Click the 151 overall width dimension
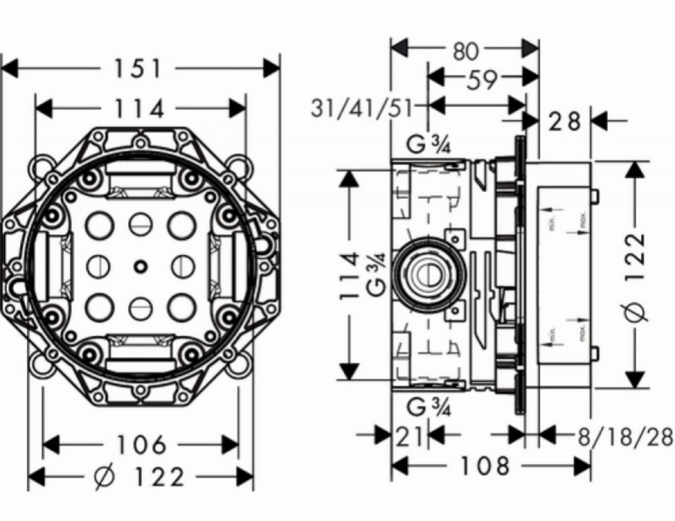pos(139,68)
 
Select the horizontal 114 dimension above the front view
pos(139,109)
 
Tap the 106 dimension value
pos(141,445)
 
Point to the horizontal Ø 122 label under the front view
pos(140,477)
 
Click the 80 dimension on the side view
pos(465,51)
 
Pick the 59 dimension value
pos(482,79)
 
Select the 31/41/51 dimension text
pos(361,108)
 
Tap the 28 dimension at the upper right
pos(564,121)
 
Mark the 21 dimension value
pos(411,436)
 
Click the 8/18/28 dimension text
pos(625,436)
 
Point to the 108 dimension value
pos(485,465)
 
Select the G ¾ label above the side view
pos(429,144)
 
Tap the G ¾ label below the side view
pos(429,407)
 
